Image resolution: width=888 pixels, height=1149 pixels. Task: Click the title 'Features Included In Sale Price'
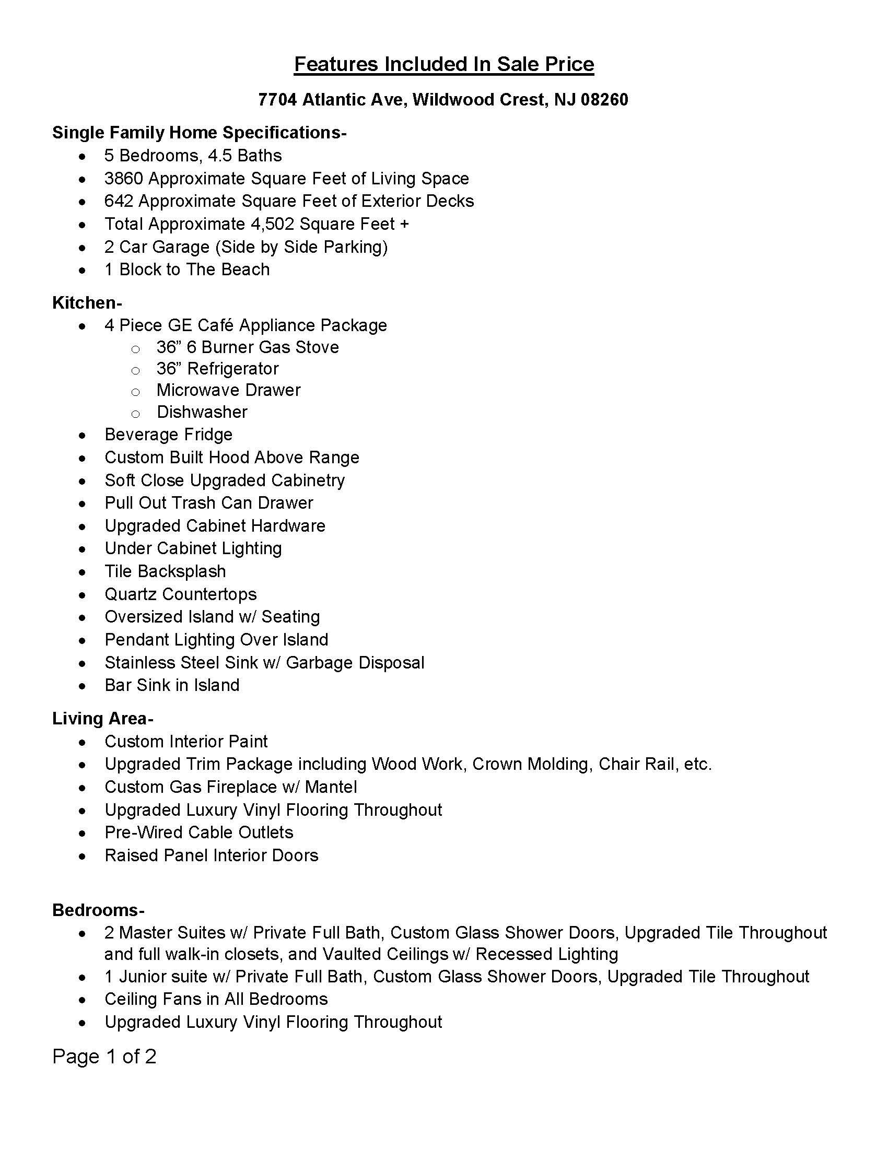(x=443, y=64)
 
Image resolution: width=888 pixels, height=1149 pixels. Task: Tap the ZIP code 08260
(x=604, y=99)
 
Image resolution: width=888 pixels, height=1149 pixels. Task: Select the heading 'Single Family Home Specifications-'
(x=199, y=133)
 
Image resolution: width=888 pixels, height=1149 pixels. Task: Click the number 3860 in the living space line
(x=124, y=179)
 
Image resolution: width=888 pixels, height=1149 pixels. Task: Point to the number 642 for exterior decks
(x=119, y=201)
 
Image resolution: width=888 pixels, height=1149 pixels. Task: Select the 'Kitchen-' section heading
(x=87, y=303)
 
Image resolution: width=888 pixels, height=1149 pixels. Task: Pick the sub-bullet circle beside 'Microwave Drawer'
(x=135, y=392)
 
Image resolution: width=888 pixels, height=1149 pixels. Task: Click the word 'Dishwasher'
(x=202, y=412)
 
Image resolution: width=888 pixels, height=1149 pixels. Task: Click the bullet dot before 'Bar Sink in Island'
(x=82, y=686)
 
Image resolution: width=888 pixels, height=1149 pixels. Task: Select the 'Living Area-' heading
(x=102, y=719)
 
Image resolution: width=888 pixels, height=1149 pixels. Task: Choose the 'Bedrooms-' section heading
(x=98, y=910)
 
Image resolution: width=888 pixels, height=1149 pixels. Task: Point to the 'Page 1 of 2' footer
(x=104, y=1057)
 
